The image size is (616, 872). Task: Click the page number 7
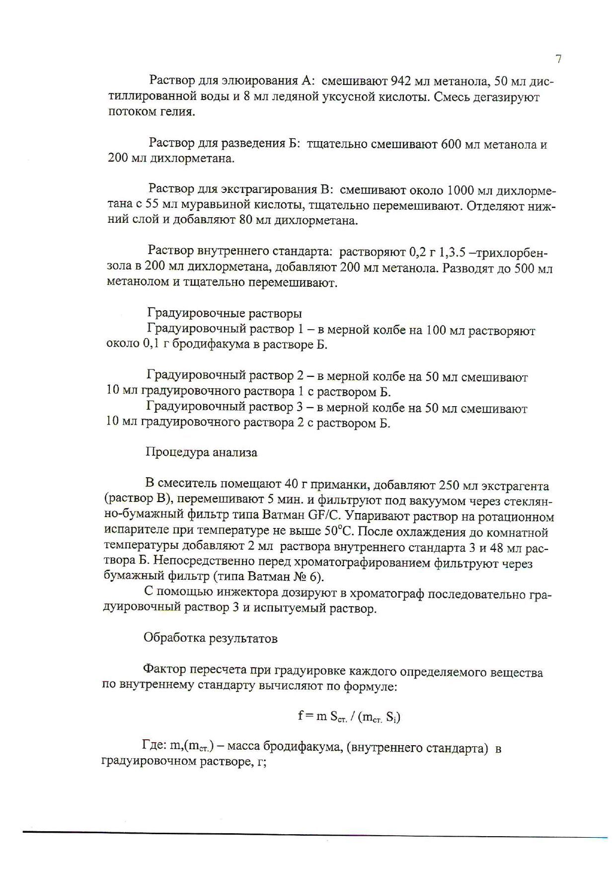click(x=558, y=59)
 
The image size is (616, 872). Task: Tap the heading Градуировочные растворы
click(x=225, y=314)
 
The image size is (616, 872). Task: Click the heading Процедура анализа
click(x=201, y=452)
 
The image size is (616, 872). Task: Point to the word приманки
click(x=343, y=485)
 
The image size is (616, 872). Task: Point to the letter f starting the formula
click(x=301, y=716)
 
